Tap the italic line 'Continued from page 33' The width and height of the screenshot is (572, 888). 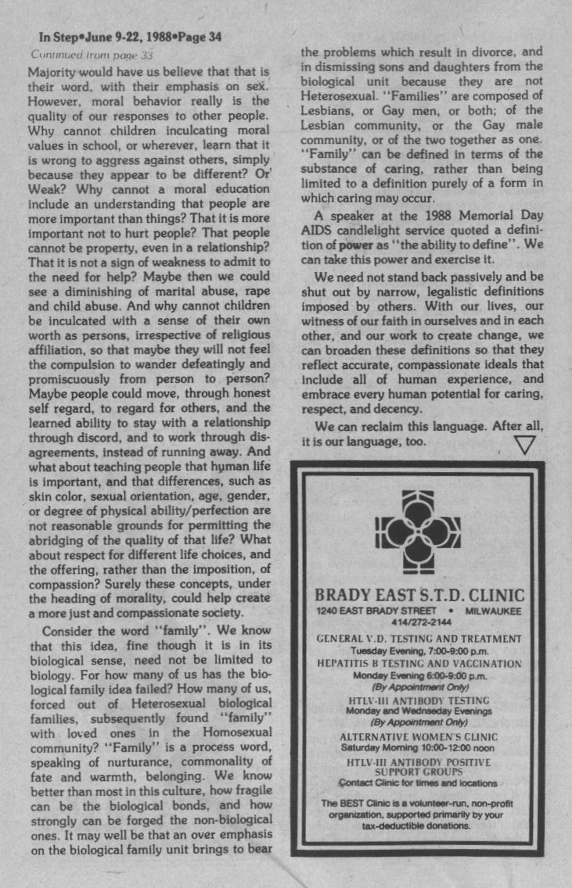coord(92,55)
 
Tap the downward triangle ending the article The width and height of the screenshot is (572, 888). coord(526,445)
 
